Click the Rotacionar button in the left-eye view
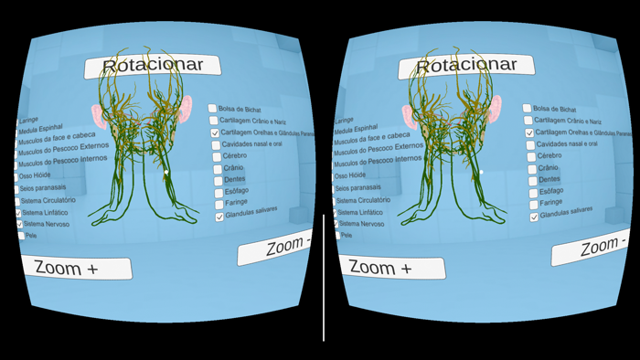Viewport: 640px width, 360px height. [x=153, y=66]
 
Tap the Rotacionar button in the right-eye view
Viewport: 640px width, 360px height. [x=466, y=66]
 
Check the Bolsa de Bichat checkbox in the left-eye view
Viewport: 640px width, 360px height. [x=213, y=109]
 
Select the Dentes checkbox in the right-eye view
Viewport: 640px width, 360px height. [x=532, y=181]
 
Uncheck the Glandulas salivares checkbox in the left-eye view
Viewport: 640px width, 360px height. [x=219, y=217]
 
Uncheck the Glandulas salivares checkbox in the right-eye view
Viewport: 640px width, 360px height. [x=534, y=217]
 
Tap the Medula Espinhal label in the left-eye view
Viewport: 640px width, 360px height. [x=44, y=130]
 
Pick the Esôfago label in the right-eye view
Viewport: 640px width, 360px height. [x=551, y=192]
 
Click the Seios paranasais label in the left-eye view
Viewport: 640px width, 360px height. [x=43, y=188]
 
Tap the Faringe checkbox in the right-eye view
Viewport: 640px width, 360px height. [x=533, y=205]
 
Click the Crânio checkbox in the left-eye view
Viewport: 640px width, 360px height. [x=217, y=169]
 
